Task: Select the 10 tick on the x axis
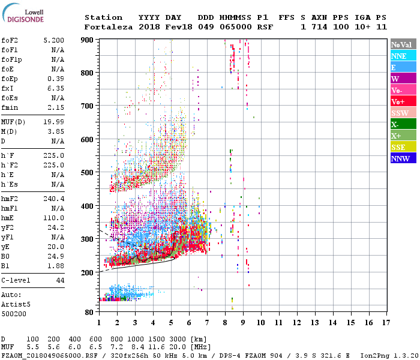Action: [261, 322]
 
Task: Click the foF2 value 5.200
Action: [53, 40]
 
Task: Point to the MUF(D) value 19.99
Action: [53, 122]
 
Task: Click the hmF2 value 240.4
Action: [53, 199]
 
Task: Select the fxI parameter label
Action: [8, 88]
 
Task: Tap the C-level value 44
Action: [60, 280]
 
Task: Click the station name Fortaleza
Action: [108, 27]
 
